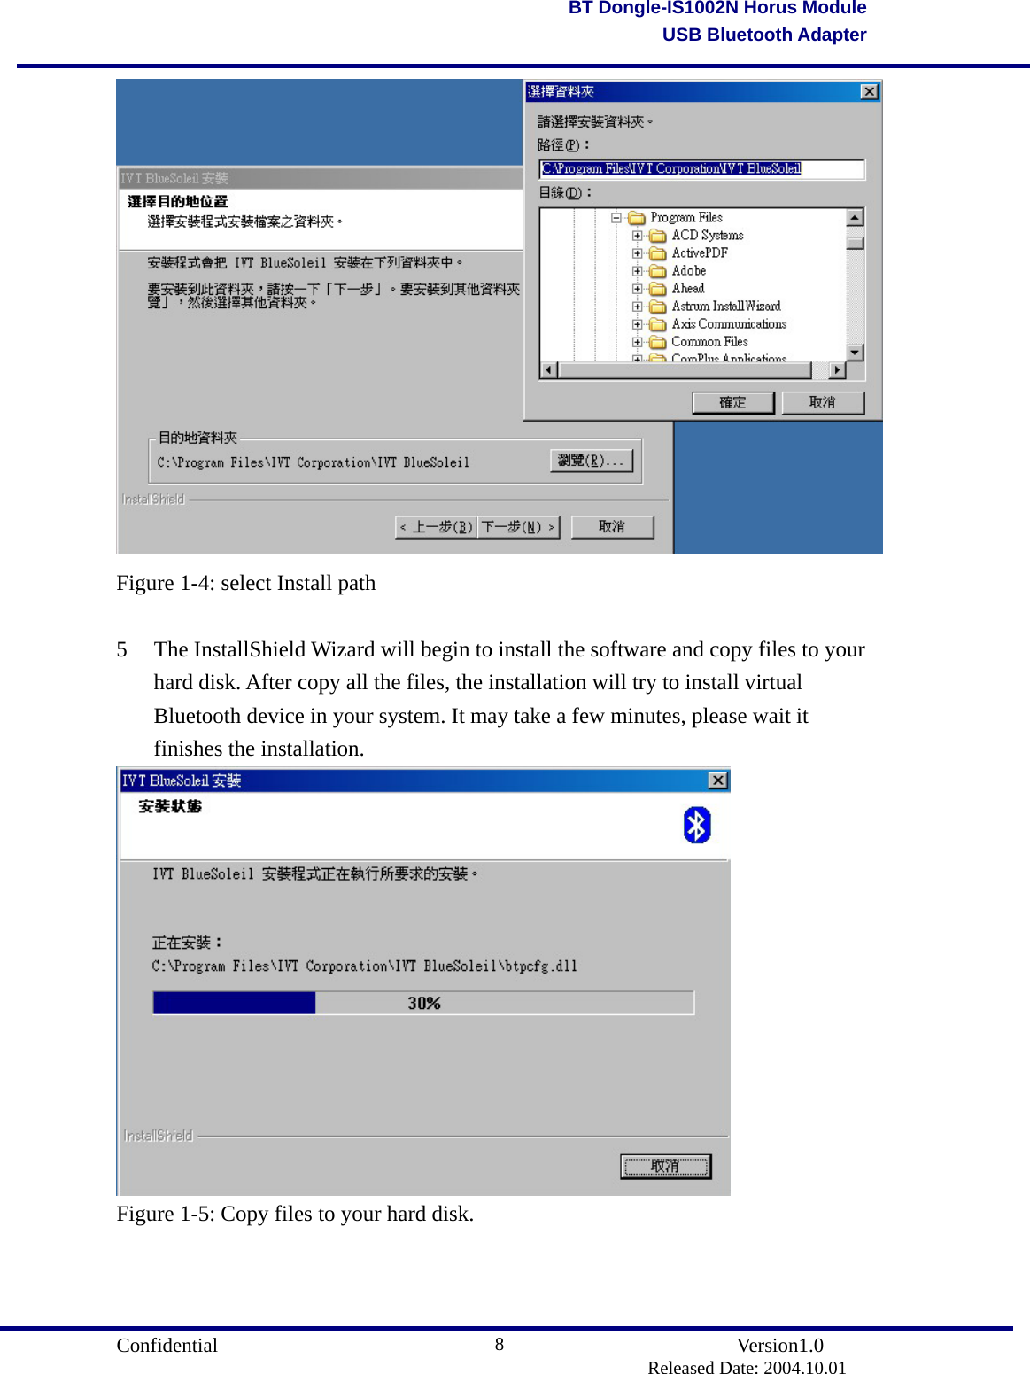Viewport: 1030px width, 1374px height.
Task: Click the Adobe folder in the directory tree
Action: (688, 271)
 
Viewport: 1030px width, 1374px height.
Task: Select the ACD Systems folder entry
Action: (707, 236)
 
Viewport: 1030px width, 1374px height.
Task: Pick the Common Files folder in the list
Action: (709, 342)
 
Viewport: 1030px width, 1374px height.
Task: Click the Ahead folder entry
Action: (687, 289)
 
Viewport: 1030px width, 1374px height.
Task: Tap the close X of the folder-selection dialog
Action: (869, 92)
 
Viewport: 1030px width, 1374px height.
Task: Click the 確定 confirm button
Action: (732, 403)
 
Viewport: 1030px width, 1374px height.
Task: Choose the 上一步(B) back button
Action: (437, 527)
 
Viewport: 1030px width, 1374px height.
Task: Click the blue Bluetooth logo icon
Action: (697, 826)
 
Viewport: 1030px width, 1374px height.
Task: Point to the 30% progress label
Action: (424, 1003)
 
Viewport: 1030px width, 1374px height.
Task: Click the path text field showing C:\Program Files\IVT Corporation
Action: (701, 169)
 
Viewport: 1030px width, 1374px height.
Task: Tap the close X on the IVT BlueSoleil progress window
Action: (717, 780)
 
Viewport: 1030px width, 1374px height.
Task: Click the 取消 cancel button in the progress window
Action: (665, 1167)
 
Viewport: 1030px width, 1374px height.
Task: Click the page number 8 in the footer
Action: (500, 1345)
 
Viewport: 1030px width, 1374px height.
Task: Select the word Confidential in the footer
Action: (167, 1346)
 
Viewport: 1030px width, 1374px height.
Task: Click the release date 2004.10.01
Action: (804, 1368)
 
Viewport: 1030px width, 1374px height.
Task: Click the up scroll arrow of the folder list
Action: (855, 217)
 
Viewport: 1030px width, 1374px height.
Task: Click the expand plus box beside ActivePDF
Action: (637, 253)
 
